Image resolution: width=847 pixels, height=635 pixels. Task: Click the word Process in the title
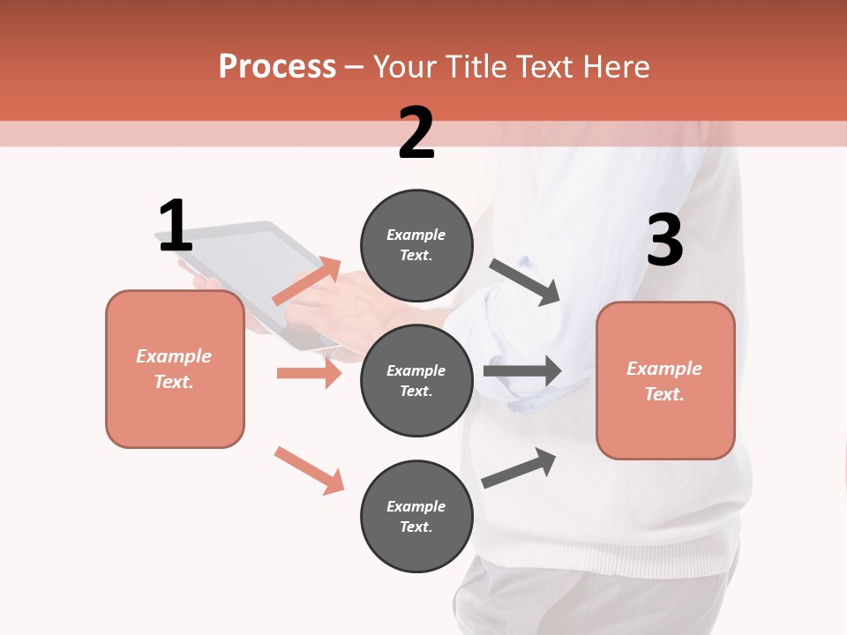[277, 67]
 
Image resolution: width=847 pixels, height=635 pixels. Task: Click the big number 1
[176, 226]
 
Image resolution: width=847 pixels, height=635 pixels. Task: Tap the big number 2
[416, 133]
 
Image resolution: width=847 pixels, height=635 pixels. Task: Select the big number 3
[664, 241]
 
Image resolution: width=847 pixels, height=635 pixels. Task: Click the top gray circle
[416, 245]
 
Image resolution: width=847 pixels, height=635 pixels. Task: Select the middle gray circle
[416, 381]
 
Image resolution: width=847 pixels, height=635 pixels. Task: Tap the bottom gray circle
[416, 517]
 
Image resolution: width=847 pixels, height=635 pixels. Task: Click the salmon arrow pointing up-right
[308, 281]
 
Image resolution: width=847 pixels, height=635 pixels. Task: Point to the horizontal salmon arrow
[309, 373]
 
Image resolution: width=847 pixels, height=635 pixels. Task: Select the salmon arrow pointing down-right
[309, 470]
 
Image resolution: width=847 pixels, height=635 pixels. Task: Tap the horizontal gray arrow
[522, 371]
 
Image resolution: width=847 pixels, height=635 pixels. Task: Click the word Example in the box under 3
[664, 369]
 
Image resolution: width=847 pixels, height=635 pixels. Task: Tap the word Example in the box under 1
[174, 356]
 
